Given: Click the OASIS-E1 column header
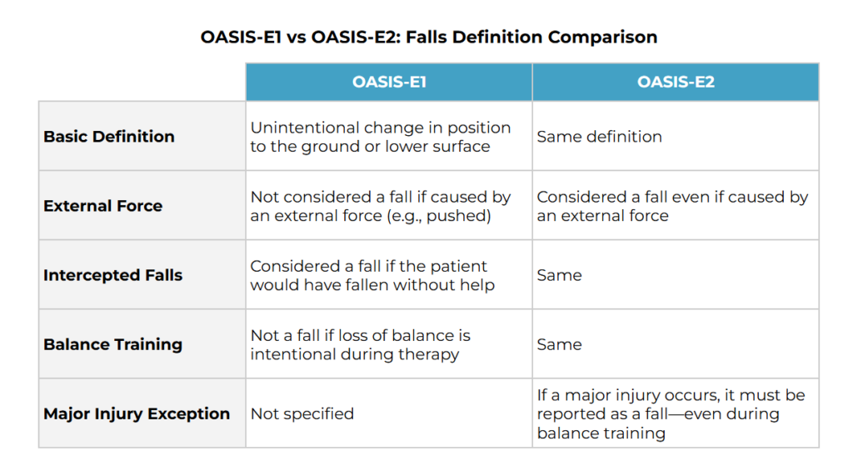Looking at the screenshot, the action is (x=389, y=82).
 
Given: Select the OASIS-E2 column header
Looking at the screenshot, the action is (x=676, y=82).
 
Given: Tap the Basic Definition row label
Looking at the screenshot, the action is (x=109, y=136).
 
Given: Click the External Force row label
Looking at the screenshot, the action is (x=102, y=206).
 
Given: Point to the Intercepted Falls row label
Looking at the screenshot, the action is (x=112, y=275).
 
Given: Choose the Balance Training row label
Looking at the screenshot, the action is (x=112, y=344).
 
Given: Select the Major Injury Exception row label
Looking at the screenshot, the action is (x=137, y=413).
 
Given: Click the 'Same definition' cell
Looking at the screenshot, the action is (x=599, y=136).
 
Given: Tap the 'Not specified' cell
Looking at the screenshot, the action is (x=302, y=414).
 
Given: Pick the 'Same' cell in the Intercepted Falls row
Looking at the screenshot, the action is (x=559, y=275).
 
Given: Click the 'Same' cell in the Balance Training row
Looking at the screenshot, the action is (x=559, y=344).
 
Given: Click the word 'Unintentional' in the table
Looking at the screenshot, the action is (x=305, y=128).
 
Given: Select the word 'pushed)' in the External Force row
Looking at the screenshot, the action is (x=459, y=216).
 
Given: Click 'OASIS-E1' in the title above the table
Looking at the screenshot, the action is (x=241, y=37).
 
